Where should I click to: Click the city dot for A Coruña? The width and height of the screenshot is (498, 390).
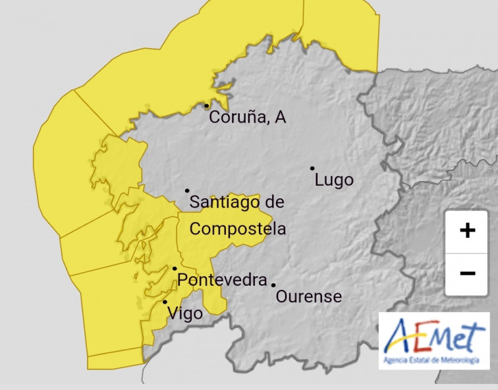click(206, 105)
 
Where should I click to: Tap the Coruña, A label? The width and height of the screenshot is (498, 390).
click(247, 118)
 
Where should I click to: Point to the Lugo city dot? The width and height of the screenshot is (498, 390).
click(312, 168)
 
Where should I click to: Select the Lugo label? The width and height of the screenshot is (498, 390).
click(334, 180)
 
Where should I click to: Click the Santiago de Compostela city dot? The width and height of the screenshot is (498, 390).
click(187, 190)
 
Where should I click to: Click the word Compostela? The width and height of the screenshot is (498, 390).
click(238, 229)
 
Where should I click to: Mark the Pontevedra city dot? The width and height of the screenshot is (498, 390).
click(174, 268)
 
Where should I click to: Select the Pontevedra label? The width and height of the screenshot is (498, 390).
click(223, 280)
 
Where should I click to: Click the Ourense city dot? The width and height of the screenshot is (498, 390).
click(273, 285)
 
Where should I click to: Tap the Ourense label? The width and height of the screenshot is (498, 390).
click(308, 296)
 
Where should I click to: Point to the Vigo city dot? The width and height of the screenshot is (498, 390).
click(165, 302)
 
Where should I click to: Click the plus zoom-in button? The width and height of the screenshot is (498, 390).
click(467, 231)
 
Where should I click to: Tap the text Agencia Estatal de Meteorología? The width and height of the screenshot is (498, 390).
click(433, 360)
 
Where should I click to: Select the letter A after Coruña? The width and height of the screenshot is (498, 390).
click(280, 118)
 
